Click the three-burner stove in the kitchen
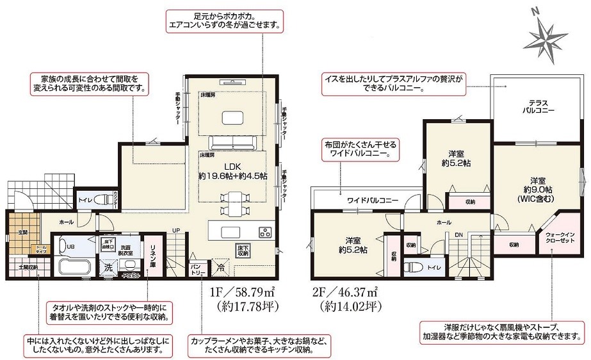click(265, 231)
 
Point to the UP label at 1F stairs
click(175, 230)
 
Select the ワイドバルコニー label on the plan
click(373, 200)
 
